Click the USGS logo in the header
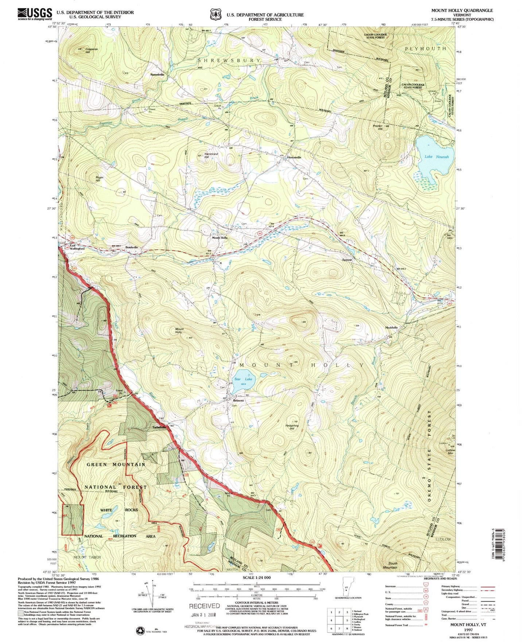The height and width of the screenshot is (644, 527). (35, 14)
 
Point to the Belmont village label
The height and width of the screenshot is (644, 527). (239, 400)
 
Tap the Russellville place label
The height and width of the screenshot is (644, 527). (157, 74)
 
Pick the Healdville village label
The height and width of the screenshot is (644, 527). (392, 327)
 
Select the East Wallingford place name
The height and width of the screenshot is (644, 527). (77, 247)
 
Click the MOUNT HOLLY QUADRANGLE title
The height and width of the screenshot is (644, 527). (462, 11)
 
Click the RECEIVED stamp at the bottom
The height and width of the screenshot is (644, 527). (204, 606)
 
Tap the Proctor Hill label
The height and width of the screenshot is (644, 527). (377, 128)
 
